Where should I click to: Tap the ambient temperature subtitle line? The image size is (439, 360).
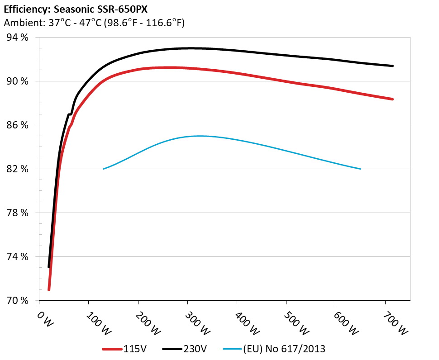tap(94, 23)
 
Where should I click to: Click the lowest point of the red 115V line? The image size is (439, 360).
tap(49, 289)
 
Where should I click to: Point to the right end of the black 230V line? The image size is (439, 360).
tap(392, 66)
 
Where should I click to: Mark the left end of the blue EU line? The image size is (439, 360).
tap(104, 169)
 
